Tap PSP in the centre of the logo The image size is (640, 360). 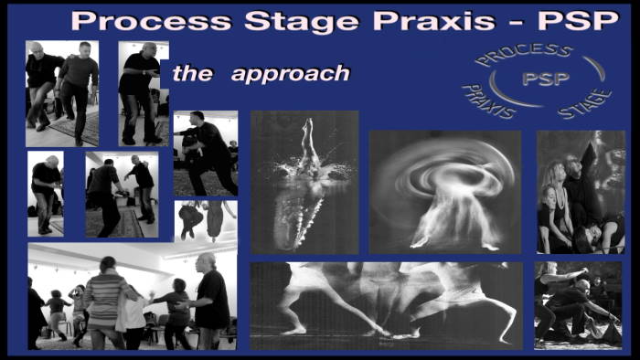(x=545, y=79)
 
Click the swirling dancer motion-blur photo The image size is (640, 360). (x=444, y=191)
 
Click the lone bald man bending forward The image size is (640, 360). (x=45, y=193)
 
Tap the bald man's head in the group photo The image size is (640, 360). (x=208, y=261)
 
